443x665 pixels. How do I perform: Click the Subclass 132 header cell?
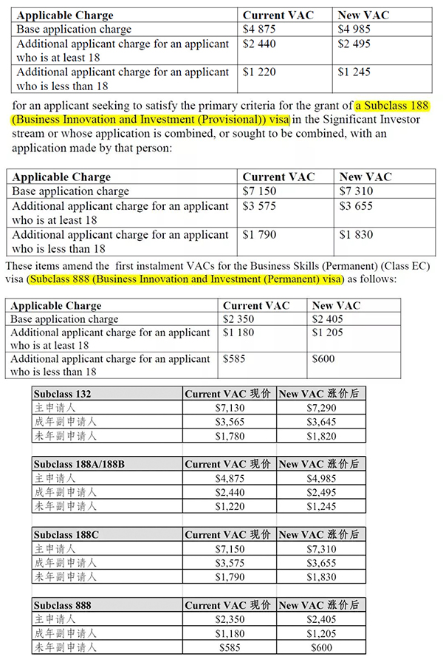click(63, 394)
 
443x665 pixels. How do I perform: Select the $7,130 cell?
click(229, 408)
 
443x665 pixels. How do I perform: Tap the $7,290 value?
click(322, 408)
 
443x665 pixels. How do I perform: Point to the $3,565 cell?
click(229, 422)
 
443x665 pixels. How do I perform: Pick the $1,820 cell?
click(322, 436)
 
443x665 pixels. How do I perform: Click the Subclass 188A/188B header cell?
click(79, 464)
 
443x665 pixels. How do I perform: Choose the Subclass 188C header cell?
click(66, 534)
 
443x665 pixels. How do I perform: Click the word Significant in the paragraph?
click(351, 120)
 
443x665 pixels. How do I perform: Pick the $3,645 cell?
click(322, 422)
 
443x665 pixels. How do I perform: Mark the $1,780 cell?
click(229, 436)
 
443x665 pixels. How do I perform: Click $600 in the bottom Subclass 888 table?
click(322, 647)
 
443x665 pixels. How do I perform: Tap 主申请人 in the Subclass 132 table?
click(55, 408)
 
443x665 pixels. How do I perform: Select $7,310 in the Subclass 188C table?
click(322, 549)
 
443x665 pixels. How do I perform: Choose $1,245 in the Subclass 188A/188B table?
click(322, 506)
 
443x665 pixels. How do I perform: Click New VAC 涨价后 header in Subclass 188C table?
click(319, 534)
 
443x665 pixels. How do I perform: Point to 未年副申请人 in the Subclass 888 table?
click(66, 647)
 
